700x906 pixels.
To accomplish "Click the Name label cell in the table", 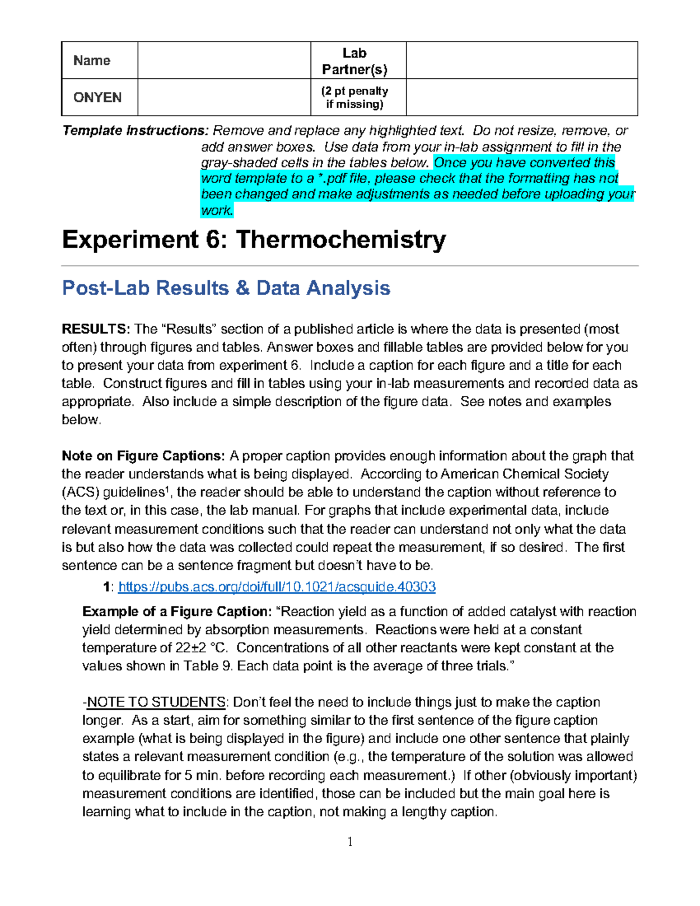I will (x=92, y=61).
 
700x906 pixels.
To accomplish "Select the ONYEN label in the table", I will (x=97, y=97).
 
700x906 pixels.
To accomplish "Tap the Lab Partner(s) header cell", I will (x=355, y=61).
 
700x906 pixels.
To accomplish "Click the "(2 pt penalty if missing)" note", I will (x=355, y=97).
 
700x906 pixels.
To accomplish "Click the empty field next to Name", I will (x=224, y=61).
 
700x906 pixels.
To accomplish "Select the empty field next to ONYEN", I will (x=224, y=97).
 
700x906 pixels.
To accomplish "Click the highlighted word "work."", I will (x=217, y=210).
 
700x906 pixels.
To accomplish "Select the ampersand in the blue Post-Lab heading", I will (x=242, y=288).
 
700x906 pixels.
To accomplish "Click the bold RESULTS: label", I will (x=96, y=329).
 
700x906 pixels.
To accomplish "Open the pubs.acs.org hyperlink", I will (x=277, y=587).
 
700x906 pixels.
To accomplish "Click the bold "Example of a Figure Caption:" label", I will (x=177, y=612).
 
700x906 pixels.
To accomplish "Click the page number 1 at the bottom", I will (x=350, y=841).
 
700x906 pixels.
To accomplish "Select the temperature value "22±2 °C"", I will (x=201, y=648).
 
